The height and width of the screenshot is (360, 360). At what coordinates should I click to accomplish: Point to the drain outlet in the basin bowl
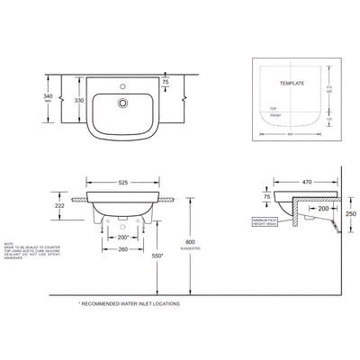coord(118,103)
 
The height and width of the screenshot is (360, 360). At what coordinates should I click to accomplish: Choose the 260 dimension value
coord(124,251)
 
